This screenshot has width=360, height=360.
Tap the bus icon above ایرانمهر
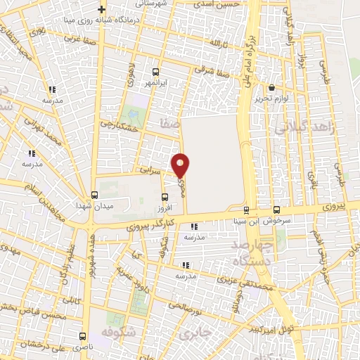pos(155,71)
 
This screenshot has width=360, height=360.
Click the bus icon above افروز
pos(165,197)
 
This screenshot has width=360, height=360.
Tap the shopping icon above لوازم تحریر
pos(272,88)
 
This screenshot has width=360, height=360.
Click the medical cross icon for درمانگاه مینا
pos(102,10)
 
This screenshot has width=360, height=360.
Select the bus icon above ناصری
pos(83,336)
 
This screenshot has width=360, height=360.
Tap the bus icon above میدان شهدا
pos(94,195)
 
